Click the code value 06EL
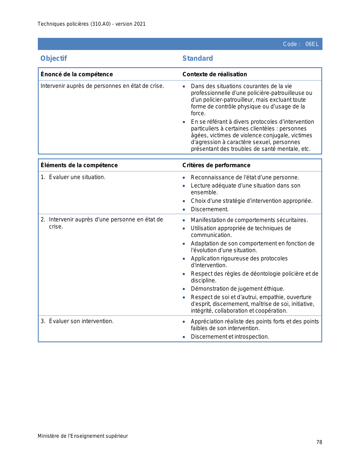click(x=312, y=44)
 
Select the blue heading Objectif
click(x=54, y=58)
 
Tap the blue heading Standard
click(x=198, y=58)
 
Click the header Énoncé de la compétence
click(x=77, y=74)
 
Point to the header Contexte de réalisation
click(x=215, y=74)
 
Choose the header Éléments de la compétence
click(x=79, y=165)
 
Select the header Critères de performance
click(x=216, y=165)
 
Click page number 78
click(x=319, y=442)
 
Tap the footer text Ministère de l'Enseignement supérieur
click(x=83, y=436)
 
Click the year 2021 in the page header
click(x=140, y=24)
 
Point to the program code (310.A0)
click(x=101, y=24)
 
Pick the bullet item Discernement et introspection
click(x=230, y=337)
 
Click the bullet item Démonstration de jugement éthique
click(x=237, y=289)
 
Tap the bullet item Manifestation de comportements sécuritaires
click(x=249, y=220)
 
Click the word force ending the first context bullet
click(x=198, y=113)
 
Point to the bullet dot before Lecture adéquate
click(x=184, y=186)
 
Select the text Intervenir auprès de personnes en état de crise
click(x=102, y=86)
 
